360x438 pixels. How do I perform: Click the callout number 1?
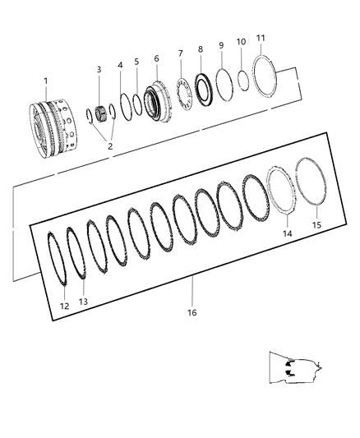(x=47, y=80)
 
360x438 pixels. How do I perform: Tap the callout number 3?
(x=99, y=69)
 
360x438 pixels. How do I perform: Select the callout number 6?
(x=156, y=58)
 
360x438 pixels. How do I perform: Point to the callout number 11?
(x=261, y=38)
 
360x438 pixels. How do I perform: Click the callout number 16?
(x=192, y=312)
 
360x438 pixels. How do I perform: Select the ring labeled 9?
(x=222, y=85)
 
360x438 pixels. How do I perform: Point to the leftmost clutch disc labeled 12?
(x=58, y=259)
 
